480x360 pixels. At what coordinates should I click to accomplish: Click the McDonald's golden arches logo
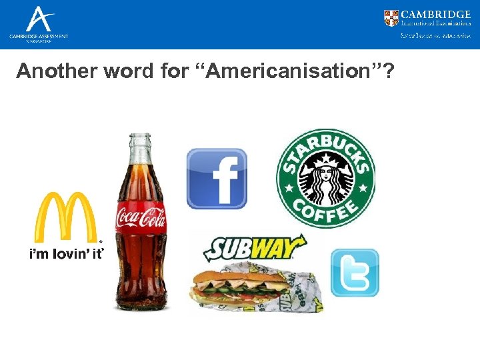pyautogui.click(x=65, y=216)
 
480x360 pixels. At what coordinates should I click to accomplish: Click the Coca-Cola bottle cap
pyautogui.click(x=140, y=139)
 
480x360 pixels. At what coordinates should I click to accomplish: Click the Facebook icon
pyautogui.click(x=217, y=179)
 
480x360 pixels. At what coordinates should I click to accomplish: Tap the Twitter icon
pyautogui.click(x=355, y=273)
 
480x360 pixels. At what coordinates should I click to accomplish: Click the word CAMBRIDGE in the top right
pyautogui.click(x=436, y=15)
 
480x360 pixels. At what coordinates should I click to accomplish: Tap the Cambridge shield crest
pyautogui.click(x=391, y=18)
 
